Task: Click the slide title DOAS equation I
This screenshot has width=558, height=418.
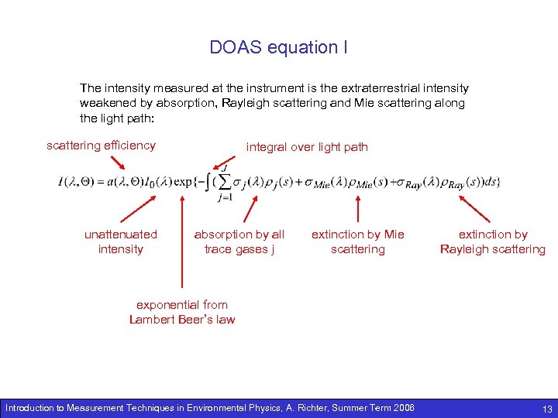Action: [278, 47]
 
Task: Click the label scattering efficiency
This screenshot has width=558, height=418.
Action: [101, 146]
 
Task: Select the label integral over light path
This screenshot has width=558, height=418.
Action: [307, 146]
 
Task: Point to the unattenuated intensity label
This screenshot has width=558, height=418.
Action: [120, 242]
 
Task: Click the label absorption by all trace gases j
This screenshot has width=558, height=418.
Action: [239, 242]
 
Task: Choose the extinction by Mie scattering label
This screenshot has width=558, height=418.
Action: [357, 242]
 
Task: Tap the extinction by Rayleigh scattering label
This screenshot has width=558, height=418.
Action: [492, 242]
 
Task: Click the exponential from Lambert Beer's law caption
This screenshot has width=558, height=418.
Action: [181, 312]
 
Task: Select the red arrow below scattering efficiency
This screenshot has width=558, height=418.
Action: [117, 163]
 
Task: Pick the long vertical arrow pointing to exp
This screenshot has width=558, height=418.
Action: [182, 240]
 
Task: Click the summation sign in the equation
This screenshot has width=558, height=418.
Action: [226, 182]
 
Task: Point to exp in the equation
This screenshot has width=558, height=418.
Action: [185, 182]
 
